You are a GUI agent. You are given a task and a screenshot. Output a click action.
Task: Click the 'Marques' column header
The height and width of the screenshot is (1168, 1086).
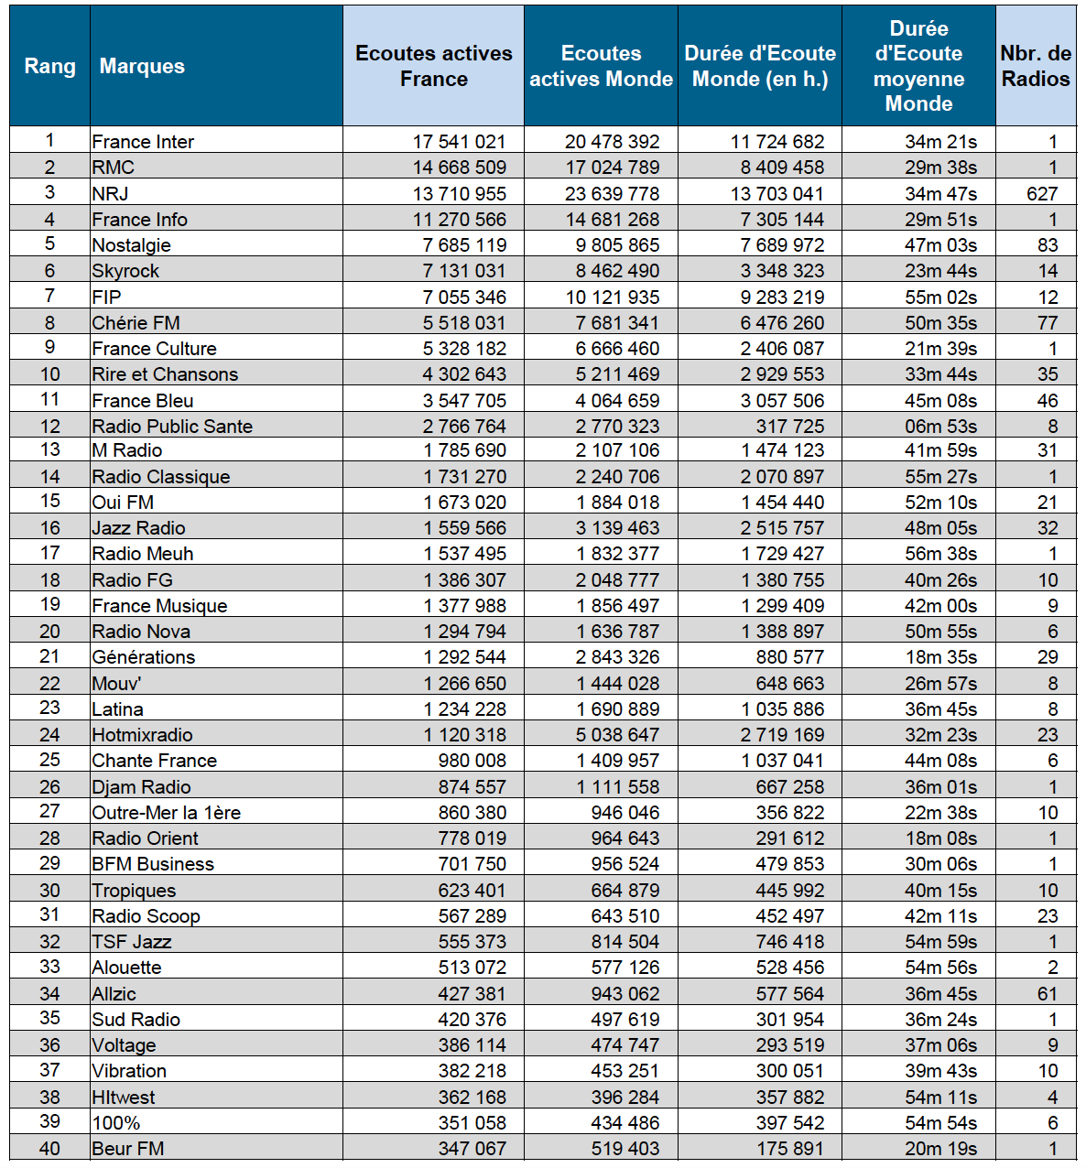[142, 66]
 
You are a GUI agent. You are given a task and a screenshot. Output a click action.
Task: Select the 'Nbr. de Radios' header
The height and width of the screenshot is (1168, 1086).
[1035, 66]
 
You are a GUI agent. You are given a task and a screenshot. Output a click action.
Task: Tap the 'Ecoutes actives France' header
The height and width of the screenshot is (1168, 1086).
[433, 66]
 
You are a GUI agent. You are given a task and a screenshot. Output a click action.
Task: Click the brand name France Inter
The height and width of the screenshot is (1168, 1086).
[143, 142]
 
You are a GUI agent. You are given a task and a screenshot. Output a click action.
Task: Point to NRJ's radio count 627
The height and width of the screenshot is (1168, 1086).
[1042, 194]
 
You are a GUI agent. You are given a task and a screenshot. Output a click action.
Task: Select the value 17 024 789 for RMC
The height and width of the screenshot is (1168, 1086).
[612, 168]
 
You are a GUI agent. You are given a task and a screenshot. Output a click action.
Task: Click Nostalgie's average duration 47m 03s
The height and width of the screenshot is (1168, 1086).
[940, 245]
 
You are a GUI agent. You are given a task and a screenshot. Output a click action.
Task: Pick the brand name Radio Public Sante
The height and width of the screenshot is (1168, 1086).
[172, 427]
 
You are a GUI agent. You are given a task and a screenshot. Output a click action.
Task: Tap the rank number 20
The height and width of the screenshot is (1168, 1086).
[49, 632]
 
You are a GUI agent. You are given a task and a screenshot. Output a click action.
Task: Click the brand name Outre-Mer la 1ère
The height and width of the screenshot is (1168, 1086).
[166, 813]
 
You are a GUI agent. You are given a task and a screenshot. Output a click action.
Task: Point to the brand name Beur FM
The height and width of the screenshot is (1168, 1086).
[127, 1149]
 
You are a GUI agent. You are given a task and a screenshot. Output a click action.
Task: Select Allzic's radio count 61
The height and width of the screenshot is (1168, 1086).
[1048, 994]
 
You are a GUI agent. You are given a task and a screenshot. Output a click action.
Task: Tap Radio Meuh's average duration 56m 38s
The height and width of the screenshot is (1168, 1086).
[940, 554]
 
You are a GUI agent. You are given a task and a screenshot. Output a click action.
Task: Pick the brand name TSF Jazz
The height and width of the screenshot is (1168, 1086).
[131, 942]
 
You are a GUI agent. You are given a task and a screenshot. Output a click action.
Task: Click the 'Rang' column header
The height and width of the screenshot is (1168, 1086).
[49, 66]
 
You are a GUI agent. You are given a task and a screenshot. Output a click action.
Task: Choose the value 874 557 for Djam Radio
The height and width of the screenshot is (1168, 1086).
[472, 787]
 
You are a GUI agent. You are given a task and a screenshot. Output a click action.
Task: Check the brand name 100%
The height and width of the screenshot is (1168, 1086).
[115, 1123]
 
